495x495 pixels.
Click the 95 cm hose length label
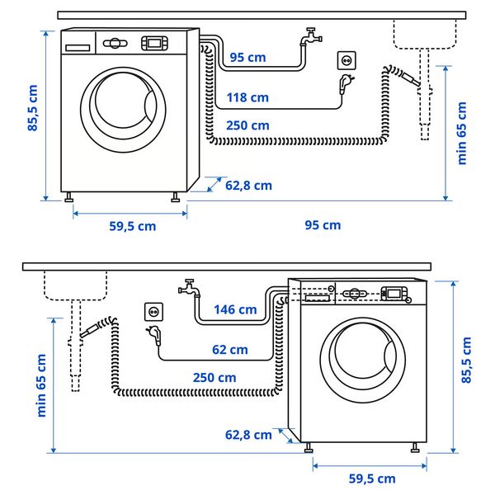[x=248, y=58]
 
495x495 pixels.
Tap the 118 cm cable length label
[x=247, y=97]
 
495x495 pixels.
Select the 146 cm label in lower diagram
[x=235, y=310]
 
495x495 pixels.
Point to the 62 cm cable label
[x=229, y=350]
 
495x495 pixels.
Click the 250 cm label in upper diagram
[x=247, y=125]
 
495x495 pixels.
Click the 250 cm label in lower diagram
[x=214, y=377]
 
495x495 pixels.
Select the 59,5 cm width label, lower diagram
[x=370, y=478]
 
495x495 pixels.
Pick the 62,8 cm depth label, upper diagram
[x=248, y=186]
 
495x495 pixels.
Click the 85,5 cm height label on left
[x=33, y=109]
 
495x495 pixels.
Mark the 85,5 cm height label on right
[x=466, y=361]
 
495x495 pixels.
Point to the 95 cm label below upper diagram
[x=323, y=225]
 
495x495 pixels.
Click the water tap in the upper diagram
[x=311, y=37]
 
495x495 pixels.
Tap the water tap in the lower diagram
[x=188, y=289]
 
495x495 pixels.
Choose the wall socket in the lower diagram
[x=153, y=311]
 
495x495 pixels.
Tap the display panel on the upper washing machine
[x=154, y=42]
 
